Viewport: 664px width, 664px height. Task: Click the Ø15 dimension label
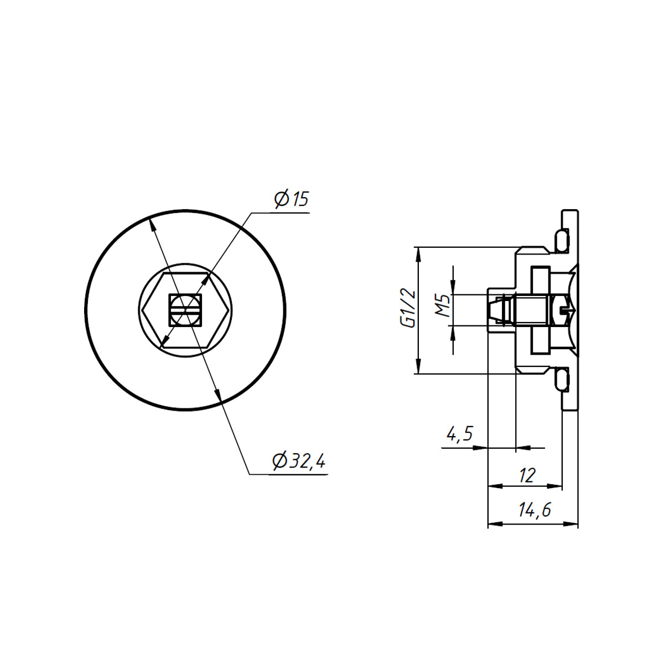(x=291, y=199)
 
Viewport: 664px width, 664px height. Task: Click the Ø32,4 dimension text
(x=298, y=460)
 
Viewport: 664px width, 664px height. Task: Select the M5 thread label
(x=443, y=305)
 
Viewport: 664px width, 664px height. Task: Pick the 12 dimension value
(x=527, y=475)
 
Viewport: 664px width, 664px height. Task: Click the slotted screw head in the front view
(x=185, y=310)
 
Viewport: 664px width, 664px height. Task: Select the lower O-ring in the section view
(x=562, y=380)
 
